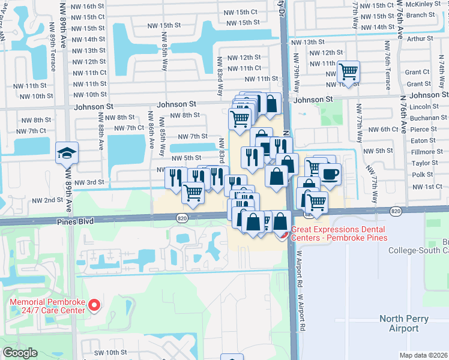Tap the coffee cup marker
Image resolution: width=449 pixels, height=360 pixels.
(330, 175)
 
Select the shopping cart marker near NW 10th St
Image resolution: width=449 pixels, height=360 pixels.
(348, 72)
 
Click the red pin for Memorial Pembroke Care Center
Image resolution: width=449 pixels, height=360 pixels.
(94, 306)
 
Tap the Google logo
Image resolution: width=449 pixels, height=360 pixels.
(20, 353)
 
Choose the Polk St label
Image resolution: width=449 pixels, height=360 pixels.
(423, 175)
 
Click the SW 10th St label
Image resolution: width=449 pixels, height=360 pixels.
(112, 352)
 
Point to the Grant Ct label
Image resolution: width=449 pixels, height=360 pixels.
(417, 72)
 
